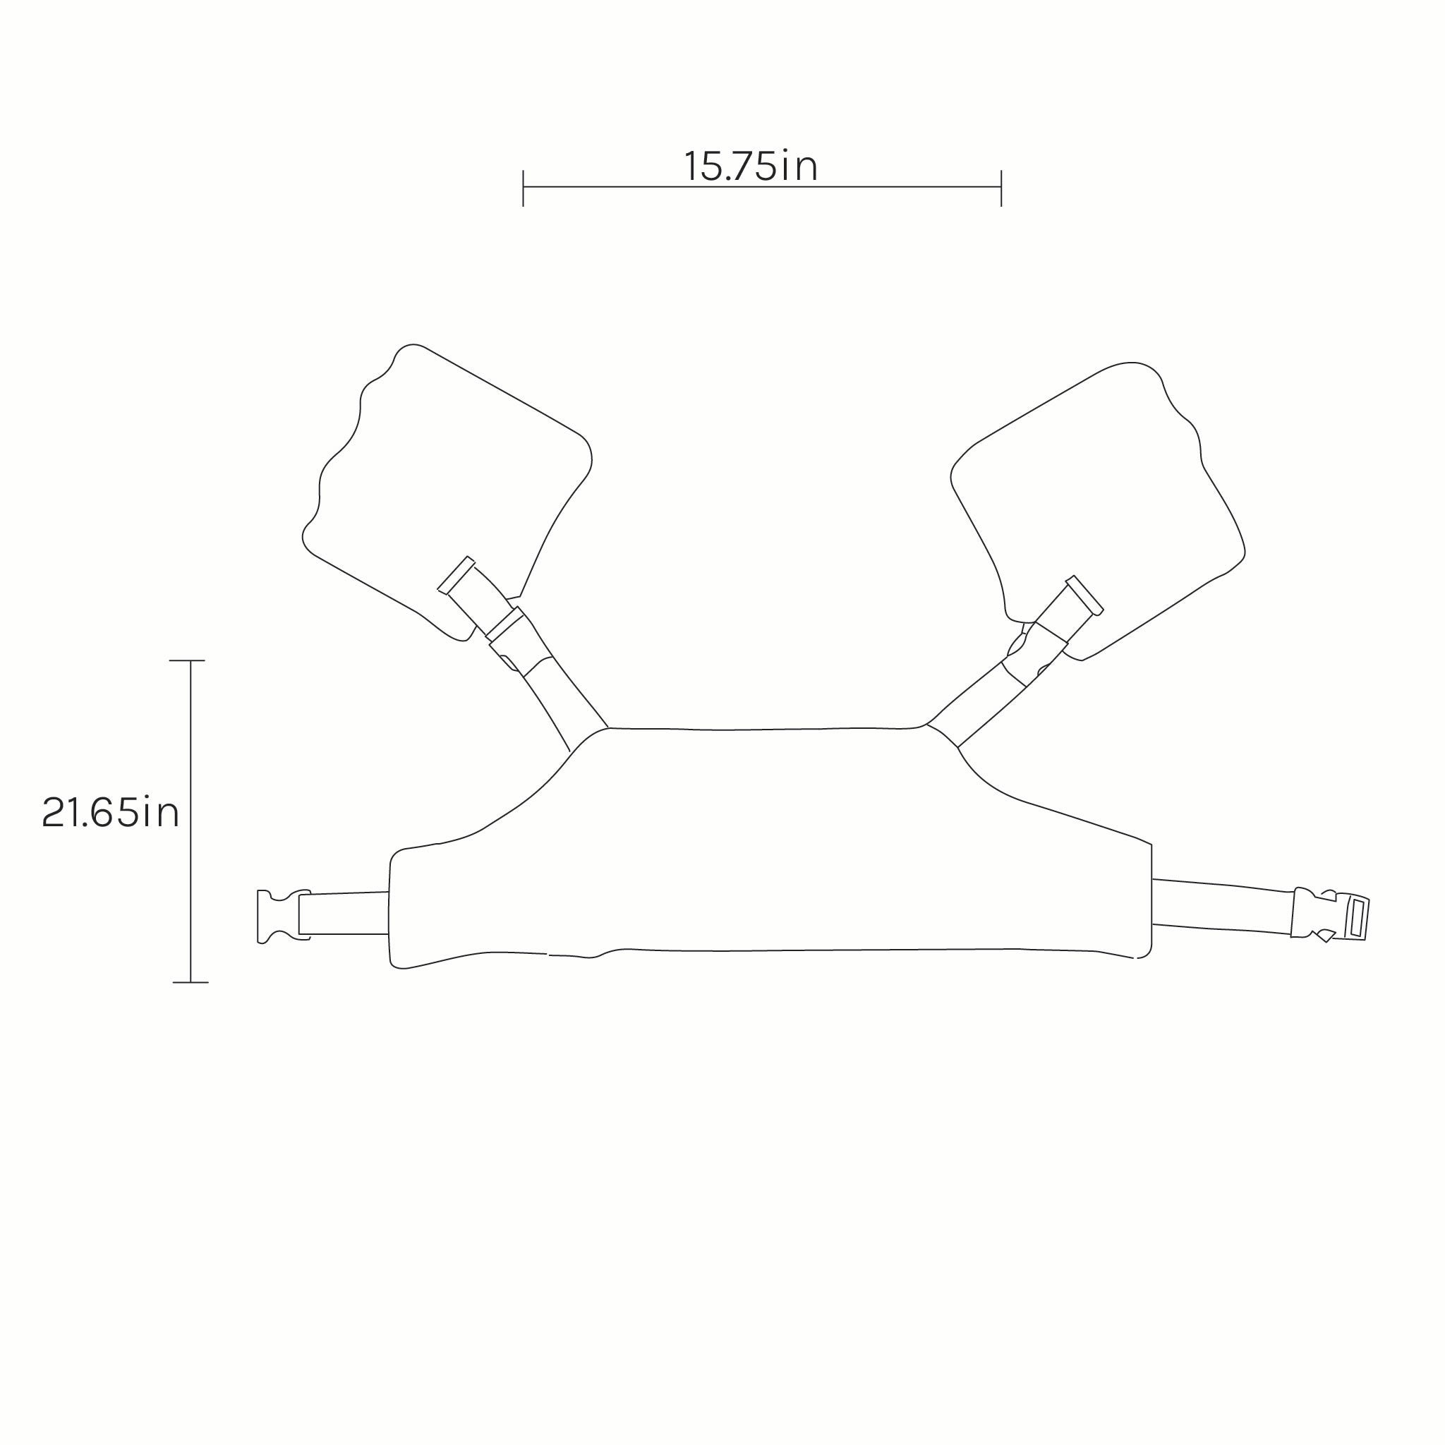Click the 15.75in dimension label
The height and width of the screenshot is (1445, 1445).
pos(751,166)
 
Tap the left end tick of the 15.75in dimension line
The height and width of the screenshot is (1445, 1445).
pos(523,188)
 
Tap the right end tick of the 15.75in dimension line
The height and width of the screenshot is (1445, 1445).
pos(1000,188)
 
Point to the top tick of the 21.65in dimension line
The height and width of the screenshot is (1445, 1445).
pos(187,660)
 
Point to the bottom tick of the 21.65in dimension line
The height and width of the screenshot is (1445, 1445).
pos(190,982)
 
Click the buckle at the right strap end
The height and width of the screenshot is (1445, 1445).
pos(1329,914)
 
